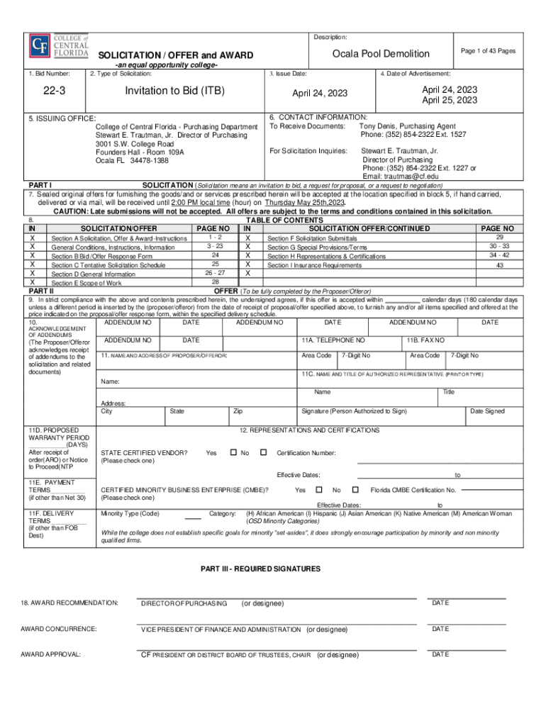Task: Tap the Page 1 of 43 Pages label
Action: tap(488, 51)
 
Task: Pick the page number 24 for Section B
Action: tap(215, 255)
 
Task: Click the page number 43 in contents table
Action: tap(499, 265)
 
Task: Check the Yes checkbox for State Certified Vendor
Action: tap(233, 452)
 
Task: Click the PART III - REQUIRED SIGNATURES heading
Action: tap(260, 569)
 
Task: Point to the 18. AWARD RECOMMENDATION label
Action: tap(69, 603)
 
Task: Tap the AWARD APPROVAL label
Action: tap(50, 654)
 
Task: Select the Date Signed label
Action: tap(487, 411)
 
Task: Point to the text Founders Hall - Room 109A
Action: tap(140, 152)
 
